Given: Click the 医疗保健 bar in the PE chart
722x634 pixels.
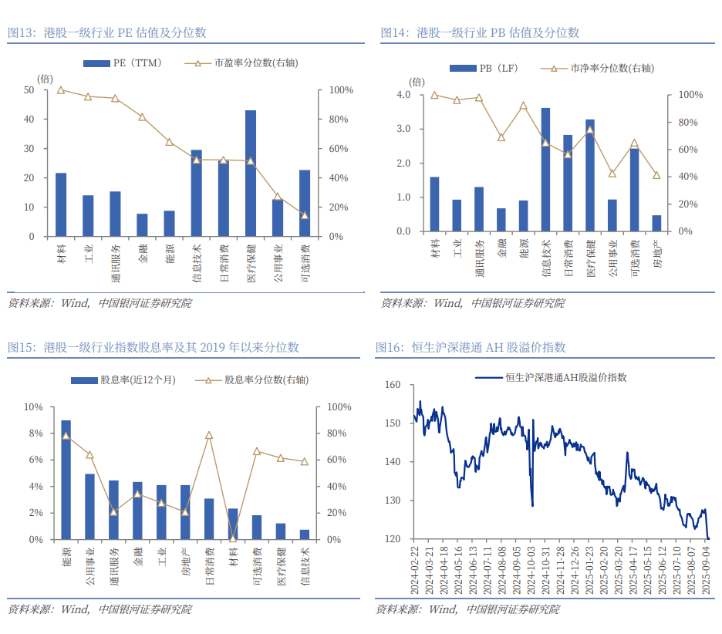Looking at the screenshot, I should point(251,174).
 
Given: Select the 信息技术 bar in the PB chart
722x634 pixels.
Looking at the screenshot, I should point(545,170).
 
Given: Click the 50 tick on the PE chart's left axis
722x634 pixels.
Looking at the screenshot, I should point(29,90).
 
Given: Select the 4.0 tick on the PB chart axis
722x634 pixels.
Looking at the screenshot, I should point(403,95).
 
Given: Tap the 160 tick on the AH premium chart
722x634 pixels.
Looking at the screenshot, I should point(393,384).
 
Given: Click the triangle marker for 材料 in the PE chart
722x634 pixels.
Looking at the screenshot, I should point(61,90).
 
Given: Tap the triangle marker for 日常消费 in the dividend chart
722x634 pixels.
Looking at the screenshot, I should point(209,436).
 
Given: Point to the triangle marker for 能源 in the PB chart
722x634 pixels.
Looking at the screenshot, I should point(523,106).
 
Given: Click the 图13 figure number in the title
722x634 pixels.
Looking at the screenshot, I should point(22,32).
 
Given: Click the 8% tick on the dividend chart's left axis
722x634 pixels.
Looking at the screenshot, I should point(34,433).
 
